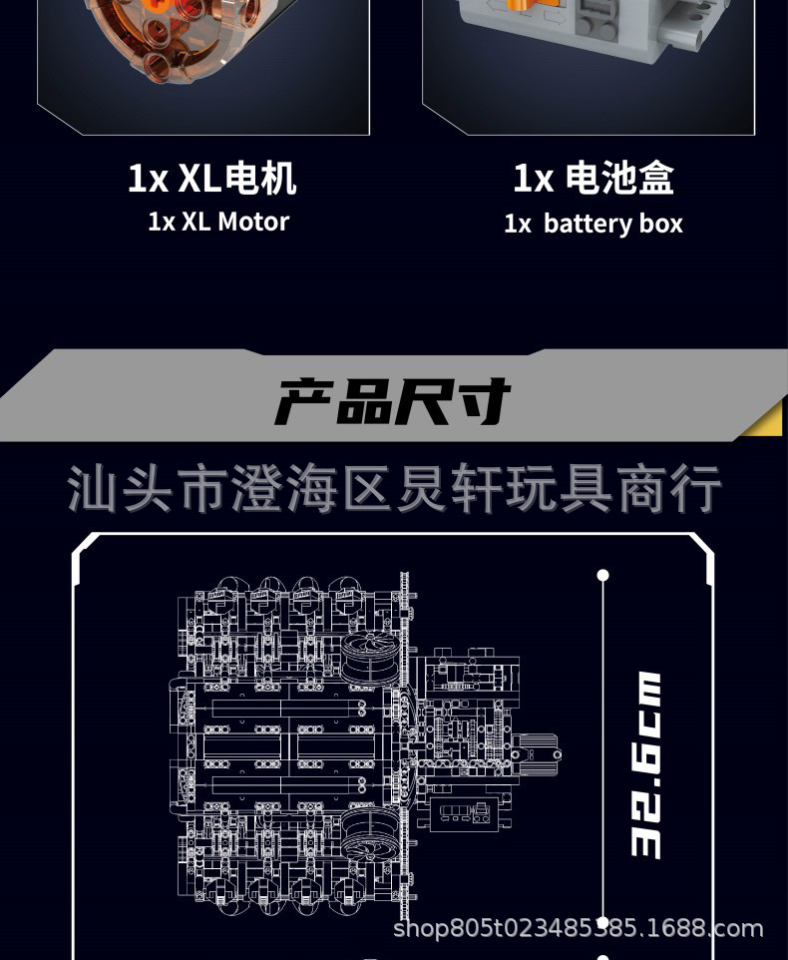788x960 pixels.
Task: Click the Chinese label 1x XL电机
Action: point(211,179)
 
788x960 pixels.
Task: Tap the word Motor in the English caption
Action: point(253,222)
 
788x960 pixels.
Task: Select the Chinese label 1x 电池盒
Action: point(593,179)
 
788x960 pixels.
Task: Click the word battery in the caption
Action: point(589,224)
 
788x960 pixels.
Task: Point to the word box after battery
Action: point(661,224)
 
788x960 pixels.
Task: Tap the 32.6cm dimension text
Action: point(645,764)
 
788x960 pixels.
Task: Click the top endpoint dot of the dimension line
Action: point(602,575)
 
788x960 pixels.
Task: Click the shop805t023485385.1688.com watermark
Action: point(579,929)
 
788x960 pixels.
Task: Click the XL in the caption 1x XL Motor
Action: point(196,222)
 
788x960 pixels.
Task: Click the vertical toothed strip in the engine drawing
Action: point(405,738)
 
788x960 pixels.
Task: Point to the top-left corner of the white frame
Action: point(80,545)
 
